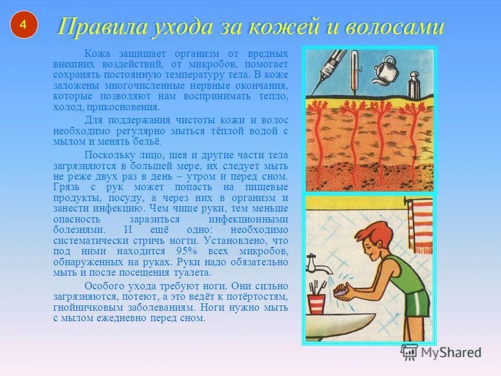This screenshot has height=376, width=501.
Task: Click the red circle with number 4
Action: pyautogui.click(x=23, y=25)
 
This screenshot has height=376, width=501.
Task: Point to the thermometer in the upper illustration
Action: pyautogui.click(x=354, y=70)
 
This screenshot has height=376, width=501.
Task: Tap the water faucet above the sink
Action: pyautogui.click(x=316, y=264)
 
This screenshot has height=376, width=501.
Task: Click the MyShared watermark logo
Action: pyautogui.click(x=441, y=352)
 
